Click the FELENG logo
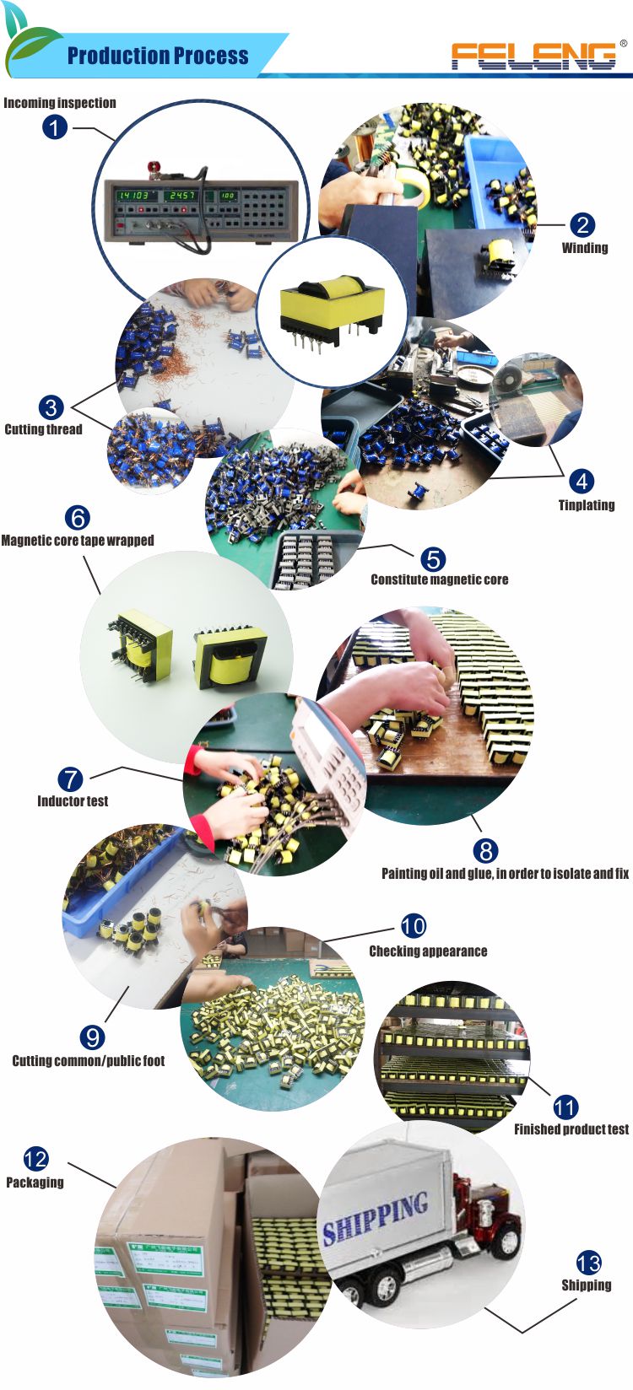pyautogui.click(x=533, y=56)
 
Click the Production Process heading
pyautogui.click(x=158, y=57)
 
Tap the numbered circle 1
pyautogui.click(x=55, y=127)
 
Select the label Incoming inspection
pyautogui.click(x=60, y=103)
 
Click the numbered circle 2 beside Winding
pyautogui.click(x=582, y=224)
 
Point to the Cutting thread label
pyautogui.click(x=44, y=429)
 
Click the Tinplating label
pyautogui.click(x=586, y=505)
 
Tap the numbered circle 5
pyautogui.click(x=432, y=558)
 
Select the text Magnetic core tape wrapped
pyautogui.click(x=78, y=541)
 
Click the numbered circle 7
pyautogui.click(x=71, y=779)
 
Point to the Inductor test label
pyautogui.click(x=73, y=801)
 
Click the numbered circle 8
pyautogui.click(x=484, y=850)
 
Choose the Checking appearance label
pyautogui.click(x=428, y=951)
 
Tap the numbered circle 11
pyautogui.click(x=565, y=1107)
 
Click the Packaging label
pyautogui.click(x=35, y=1183)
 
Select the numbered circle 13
pyautogui.click(x=588, y=1263)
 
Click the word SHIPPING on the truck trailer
pyautogui.click(x=376, y=1218)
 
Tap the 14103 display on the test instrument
pyautogui.click(x=133, y=195)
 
